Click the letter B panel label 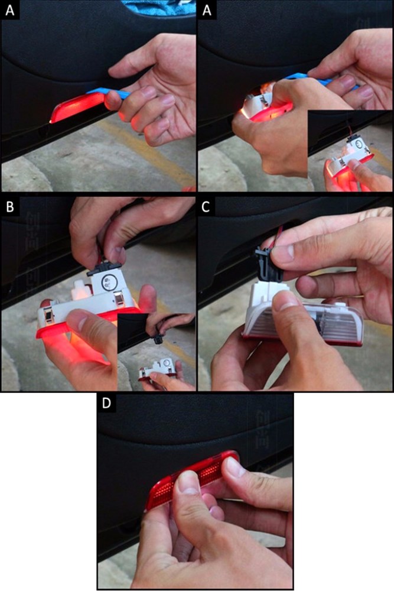coord(10,207)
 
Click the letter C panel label coord(206,207)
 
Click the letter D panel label coord(106,403)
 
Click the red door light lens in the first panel coord(77,108)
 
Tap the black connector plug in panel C coord(268,266)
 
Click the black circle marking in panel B coord(110,282)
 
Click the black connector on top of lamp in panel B coord(106,267)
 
